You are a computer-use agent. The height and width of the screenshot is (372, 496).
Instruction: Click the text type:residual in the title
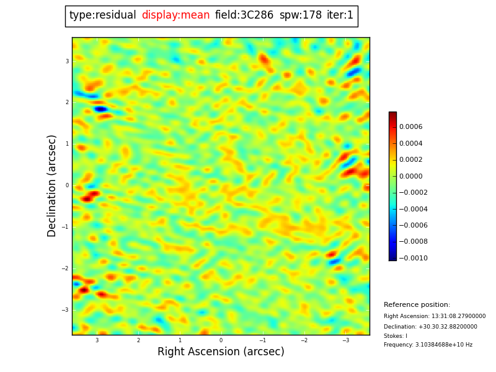click(102, 15)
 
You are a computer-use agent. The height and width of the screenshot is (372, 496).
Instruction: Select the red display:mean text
click(175, 15)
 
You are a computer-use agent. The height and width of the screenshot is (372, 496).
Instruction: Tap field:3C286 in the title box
click(244, 15)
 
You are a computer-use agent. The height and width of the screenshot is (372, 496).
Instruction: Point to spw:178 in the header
click(300, 15)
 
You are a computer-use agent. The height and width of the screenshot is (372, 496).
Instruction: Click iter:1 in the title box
click(340, 15)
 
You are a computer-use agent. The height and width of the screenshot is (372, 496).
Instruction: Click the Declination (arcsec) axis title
click(53, 185)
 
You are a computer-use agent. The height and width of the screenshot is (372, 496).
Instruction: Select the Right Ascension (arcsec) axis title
click(221, 352)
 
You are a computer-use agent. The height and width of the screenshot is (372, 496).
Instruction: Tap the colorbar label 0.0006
click(410, 127)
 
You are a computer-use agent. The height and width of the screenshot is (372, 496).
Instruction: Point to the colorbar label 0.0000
click(410, 176)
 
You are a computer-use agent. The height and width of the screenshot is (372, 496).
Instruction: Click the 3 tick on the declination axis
click(67, 61)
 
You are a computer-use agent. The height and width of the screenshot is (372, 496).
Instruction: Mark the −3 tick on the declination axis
click(66, 310)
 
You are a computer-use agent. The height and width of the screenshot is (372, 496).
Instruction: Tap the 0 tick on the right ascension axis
click(221, 340)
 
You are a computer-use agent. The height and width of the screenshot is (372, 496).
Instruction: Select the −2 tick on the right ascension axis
click(304, 340)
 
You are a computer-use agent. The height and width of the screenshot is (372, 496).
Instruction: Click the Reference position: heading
click(417, 305)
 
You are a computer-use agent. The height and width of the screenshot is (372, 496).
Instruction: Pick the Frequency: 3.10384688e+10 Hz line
click(428, 345)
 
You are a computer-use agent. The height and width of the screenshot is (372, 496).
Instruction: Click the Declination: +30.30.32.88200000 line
click(430, 327)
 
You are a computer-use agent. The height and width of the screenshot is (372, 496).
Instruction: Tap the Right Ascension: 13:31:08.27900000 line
click(435, 316)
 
